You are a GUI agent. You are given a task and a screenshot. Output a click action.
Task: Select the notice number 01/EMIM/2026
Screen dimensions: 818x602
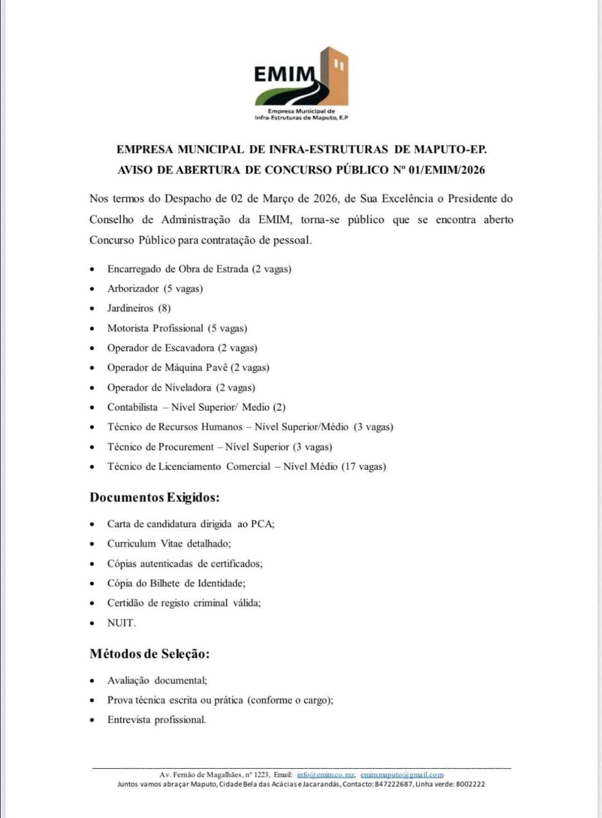click(446, 170)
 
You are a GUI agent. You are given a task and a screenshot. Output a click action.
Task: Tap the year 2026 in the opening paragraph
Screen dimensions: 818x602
click(326, 199)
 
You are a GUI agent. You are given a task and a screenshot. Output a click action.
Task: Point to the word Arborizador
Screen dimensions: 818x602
click(133, 288)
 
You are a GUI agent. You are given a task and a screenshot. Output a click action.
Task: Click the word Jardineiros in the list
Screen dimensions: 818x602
click(130, 308)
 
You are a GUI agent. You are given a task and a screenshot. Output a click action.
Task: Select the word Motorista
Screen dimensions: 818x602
click(128, 328)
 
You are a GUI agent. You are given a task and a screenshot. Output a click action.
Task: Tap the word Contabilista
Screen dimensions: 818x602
click(133, 407)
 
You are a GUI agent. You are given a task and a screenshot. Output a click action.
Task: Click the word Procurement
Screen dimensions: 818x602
click(186, 447)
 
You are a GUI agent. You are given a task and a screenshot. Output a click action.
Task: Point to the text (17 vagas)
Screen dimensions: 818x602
click(364, 466)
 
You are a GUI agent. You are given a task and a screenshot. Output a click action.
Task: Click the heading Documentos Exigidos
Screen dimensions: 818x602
click(154, 497)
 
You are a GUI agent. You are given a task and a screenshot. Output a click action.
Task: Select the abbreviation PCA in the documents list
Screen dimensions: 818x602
click(261, 524)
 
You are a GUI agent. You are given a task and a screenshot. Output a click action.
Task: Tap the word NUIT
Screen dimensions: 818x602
click(121, 623)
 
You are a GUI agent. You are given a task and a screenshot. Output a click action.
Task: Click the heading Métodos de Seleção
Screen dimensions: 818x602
click(149, 653)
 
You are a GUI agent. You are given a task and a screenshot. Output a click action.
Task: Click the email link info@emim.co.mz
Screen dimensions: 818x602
click(326, 774)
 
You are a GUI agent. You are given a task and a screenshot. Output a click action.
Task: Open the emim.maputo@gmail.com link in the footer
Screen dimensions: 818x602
click(402, 774)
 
